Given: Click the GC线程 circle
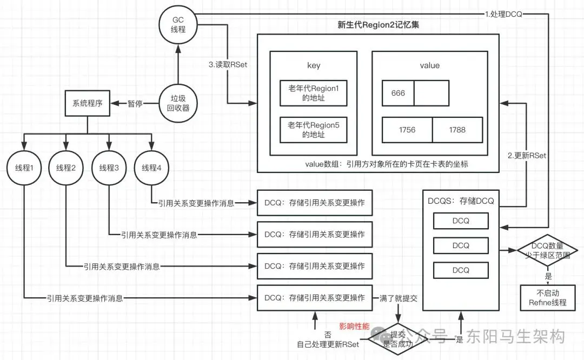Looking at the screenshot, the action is click(178, 25).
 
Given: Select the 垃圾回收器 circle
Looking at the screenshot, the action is click(178, 103).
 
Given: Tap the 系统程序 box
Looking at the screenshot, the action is click(88, 103).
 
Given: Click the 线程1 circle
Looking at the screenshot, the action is click(24, 168).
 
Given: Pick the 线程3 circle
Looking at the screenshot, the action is click(109, 168).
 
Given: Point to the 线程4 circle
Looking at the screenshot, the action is click(151, 168).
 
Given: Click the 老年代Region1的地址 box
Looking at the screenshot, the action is click(314, 93).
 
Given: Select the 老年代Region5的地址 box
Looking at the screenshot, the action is click(314, 130).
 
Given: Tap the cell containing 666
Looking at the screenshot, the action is click(398, 93).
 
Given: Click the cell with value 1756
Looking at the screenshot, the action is click(407, 130).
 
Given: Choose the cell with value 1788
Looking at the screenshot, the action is click(457, 130).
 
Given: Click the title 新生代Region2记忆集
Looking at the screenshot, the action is click(379, 25).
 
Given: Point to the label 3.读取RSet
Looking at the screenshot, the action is click(228, 64).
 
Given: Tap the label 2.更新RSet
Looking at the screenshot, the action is click(527, 156).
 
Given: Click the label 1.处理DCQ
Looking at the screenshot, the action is click(503, 14).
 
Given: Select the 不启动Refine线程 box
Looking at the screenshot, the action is click(548, 298).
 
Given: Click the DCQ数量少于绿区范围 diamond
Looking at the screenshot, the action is click(547, 250).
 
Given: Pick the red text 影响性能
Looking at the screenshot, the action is click(354, 326).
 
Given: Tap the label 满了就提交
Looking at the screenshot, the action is click(398, 298).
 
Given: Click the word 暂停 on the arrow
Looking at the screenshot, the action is click(135, 103).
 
